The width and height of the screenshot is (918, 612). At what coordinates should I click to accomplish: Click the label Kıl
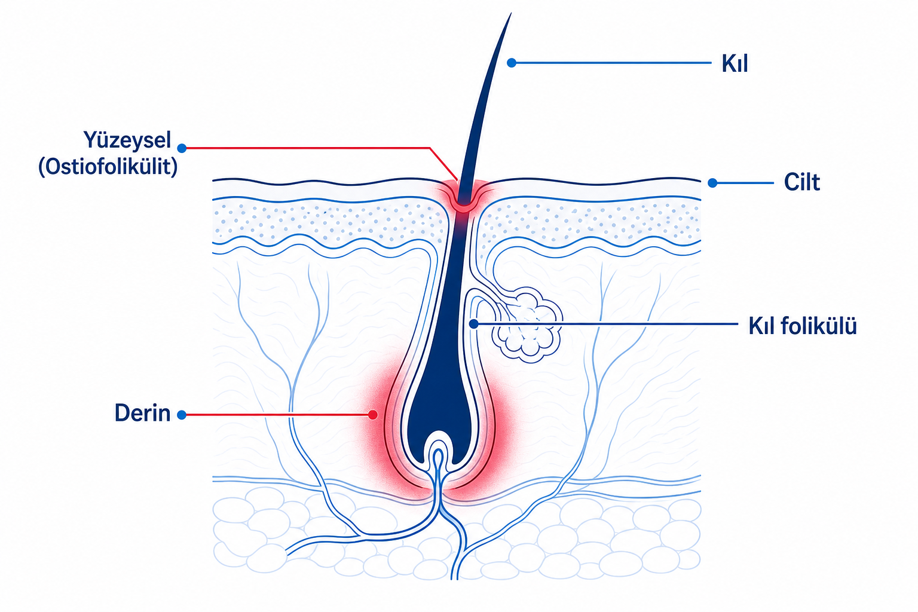point(735,63)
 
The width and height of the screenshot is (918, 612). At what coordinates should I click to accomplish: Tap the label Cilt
point(801,182)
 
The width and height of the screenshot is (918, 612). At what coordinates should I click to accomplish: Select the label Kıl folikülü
point(803,326)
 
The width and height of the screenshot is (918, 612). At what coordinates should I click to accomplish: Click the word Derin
point(142,413)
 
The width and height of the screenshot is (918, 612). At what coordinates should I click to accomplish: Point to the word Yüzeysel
point(127,140)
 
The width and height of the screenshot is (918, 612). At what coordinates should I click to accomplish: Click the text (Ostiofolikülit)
point(108,167)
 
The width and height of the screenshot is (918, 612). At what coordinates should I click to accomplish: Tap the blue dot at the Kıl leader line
point(512,63)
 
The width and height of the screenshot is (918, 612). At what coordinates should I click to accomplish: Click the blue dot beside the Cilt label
point(712,183)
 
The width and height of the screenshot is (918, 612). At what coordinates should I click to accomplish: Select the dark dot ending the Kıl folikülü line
point(474,324)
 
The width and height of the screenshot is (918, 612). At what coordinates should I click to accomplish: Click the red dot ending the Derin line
point(372,415)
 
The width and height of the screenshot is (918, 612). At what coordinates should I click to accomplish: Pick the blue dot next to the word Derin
point(182,415)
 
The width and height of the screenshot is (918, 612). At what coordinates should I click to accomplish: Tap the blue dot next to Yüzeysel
point(182,148)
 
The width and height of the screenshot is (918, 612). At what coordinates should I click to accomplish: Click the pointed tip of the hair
point(511,14)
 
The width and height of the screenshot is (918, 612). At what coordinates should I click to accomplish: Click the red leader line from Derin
point(277,415)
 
